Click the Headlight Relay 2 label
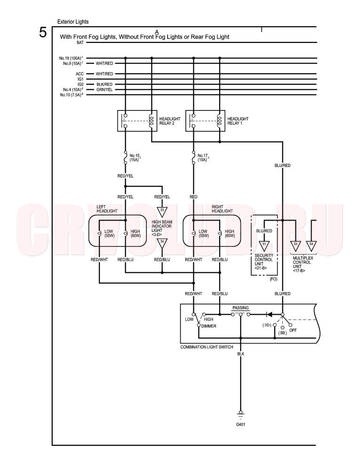click(x=169, y=121)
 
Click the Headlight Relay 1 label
click(x=238, y=121)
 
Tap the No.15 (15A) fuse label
click(x=135, y=158)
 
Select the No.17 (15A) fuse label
click(x=203, y=158)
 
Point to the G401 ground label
click(x=240, y=424)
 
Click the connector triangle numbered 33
click(x=162, y=212)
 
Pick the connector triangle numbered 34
click(x=162, y=243)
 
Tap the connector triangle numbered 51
click(x=264, y=245)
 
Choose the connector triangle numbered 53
click(x=296, y=245)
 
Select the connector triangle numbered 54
click(x=312, y=245)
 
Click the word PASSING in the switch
click(x=240, y=308)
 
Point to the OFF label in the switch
click(x=293, y=330)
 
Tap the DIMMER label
click(x=208, y=326)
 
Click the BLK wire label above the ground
click(x=240, y=354)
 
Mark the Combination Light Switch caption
click(x=207, y=347)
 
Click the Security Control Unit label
click(x=264, y=262)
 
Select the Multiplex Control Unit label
click(x=303, y=264)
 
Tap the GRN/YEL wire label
click(x=104, y=90)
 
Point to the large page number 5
click(x=43, y=32)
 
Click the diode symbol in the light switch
click(x=269, y=314)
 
